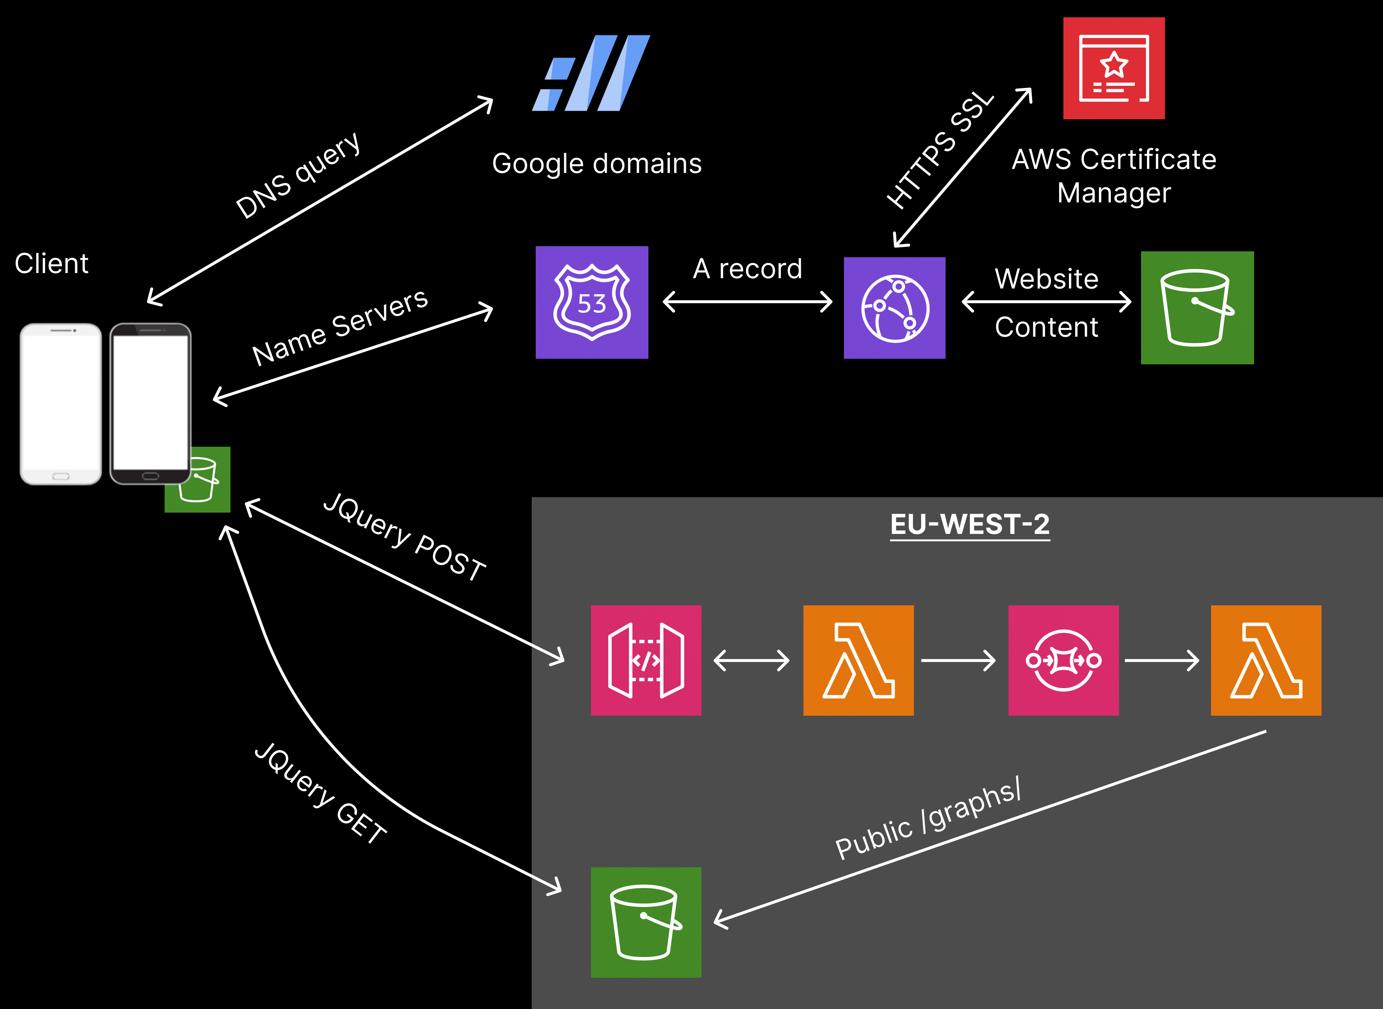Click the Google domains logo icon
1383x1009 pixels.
[x=591, y=73]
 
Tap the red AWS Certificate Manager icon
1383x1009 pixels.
[x=1113, y=68]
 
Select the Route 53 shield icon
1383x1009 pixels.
[x=592, y=302]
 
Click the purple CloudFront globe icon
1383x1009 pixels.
[x=894, y=308]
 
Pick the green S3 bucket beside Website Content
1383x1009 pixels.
[x=1197, y=308]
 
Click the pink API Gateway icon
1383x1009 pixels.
[x=645, y=660]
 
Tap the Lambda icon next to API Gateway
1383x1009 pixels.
[x=858, y=660]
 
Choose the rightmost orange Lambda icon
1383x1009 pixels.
[x=1266, y=660]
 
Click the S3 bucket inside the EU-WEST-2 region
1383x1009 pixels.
[x=645, y=922]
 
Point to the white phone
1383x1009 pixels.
[x=60, y=404]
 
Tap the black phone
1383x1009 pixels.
[x=150, y=404]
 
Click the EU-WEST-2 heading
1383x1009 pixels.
[x=970, y=524]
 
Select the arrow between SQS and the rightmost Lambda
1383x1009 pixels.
[x=1161, y=660]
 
